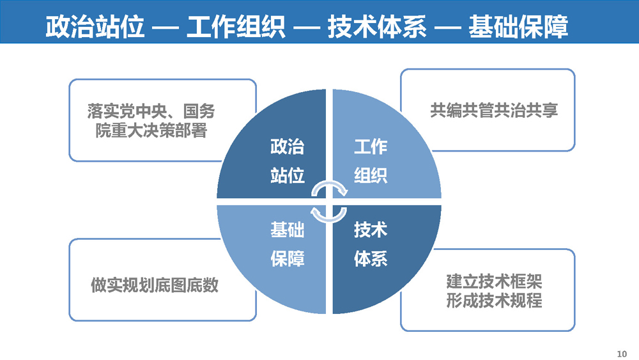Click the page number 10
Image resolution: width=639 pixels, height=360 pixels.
622,354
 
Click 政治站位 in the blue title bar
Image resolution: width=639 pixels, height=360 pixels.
95,27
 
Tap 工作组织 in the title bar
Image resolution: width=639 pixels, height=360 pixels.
236,27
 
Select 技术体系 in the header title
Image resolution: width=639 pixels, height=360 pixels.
377,27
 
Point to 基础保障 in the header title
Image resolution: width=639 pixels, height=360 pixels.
518,27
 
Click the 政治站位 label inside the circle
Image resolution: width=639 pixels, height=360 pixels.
288,160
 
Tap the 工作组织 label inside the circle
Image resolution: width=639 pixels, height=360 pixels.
371,160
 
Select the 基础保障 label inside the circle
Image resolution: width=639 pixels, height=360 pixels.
288,244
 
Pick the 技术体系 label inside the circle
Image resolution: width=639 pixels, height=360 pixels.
371,244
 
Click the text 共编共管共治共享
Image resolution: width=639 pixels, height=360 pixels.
494,111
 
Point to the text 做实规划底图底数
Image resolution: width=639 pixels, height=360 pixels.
155,285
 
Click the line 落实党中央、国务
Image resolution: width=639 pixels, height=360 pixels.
151,111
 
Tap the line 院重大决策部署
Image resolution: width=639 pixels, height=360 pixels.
151,130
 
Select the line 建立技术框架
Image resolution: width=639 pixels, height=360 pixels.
494,281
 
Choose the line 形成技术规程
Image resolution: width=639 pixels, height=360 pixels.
494,301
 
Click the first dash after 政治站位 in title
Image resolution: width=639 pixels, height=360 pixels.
166,28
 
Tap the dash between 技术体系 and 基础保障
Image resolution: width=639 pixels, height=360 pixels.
447,28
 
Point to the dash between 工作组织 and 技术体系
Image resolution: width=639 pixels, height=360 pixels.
307,28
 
